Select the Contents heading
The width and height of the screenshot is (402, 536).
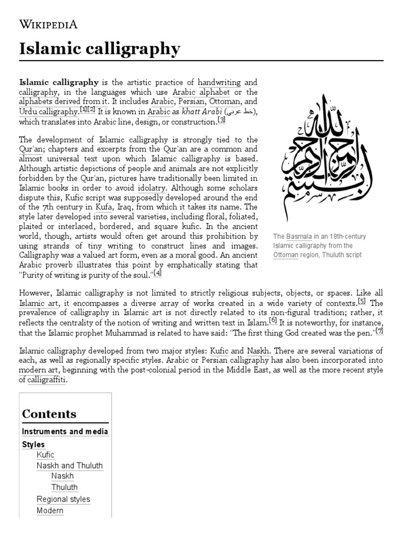click(x=49, y=414)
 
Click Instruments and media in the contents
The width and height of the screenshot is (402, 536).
click(x=65, y=431)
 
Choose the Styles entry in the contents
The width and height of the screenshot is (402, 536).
click(x=33, y=444)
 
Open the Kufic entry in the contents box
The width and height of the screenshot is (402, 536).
click(x=45, y=455)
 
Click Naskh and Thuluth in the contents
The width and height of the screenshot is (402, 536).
click(x=69, y=465)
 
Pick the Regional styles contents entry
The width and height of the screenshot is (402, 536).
click(x=63, y=499)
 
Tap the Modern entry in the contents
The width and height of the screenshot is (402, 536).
click(x=50, y=510)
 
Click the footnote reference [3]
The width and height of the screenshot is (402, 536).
click(x=222, y=120)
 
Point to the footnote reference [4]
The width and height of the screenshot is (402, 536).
click(x=158, y=273)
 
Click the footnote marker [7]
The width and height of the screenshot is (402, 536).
click(x=379, y=331)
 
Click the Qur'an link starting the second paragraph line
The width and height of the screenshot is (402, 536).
click(x=29, y=149)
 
